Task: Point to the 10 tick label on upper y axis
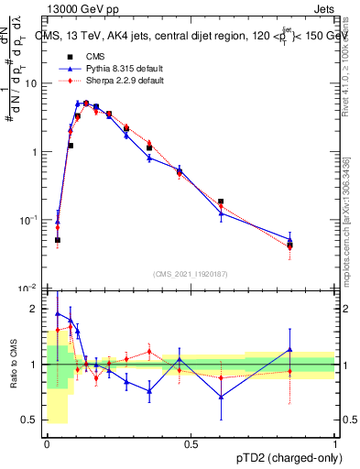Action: pyautogui.click(x=32, y=83)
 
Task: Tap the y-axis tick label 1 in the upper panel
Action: pyautogui.click(x=36, y=152)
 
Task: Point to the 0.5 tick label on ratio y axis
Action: pyautogui.click(x=32, y=420)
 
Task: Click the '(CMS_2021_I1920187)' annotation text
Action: pyautogui.click(x=190, y=274)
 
